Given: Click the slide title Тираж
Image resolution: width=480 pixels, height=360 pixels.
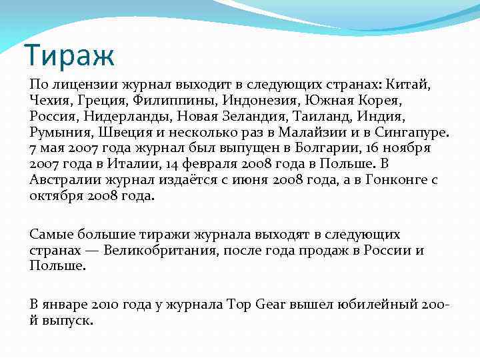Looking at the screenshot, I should [x=69, y=55].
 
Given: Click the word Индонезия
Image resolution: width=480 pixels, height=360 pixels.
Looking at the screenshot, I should [x=265, y=101].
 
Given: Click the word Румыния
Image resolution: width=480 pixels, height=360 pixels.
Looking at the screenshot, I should [x=61, y=132].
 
